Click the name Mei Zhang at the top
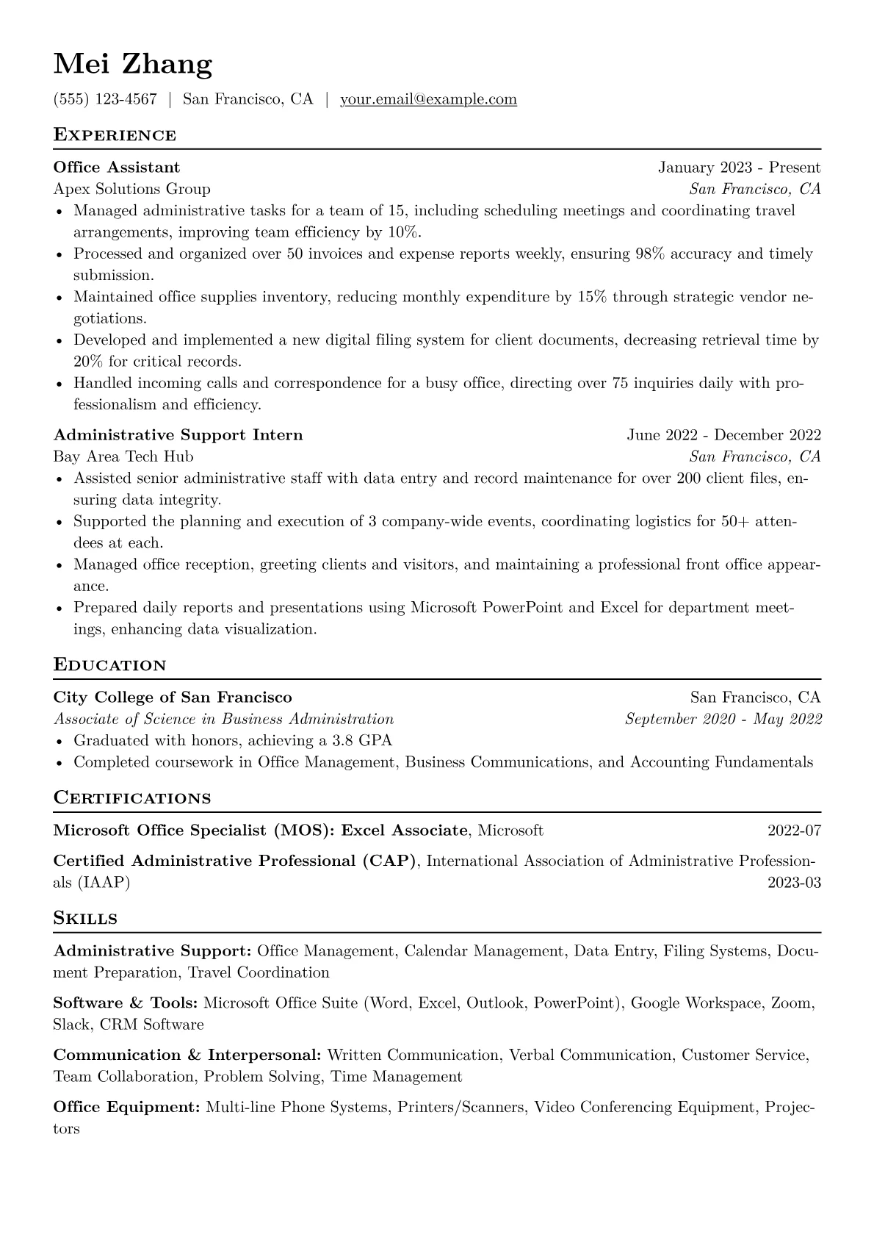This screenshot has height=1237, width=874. pos(133,65)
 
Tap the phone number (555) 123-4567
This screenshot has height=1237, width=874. pos(105,99)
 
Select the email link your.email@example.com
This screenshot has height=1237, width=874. pos(428,99)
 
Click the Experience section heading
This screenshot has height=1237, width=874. pos(115,135)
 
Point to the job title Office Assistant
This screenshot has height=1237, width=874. pos(117,168)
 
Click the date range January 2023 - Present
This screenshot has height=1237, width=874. pos(739,168)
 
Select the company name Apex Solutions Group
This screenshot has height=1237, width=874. pos(132,189)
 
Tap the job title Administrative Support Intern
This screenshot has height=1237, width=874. pos(178,435)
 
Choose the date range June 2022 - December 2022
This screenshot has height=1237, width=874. pos(723,435)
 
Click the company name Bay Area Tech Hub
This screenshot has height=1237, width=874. pos(123,456)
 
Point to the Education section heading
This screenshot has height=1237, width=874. pos(110,665)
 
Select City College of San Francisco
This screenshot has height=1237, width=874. pos(173,698)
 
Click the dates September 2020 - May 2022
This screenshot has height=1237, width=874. pos(723,719)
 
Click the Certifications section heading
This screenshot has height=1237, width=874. pos(132,798)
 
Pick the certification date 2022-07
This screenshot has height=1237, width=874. pos(794,831)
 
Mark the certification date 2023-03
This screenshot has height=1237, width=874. pos(794,883)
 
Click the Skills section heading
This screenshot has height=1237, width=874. pos(86,918)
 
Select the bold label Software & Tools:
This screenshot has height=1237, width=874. pos(126,1003)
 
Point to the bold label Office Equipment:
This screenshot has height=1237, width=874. pos(127,1107)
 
